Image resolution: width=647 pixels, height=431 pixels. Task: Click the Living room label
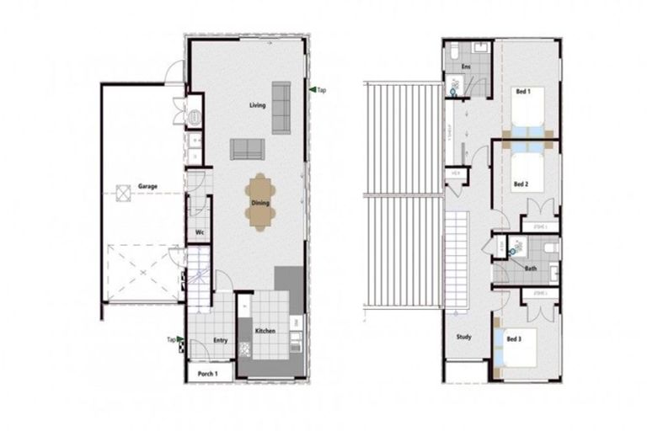(x=257, y=105)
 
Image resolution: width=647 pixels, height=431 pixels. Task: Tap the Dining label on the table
(x=259, y=202)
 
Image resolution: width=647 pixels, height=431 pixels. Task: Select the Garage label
(x=147, y=186)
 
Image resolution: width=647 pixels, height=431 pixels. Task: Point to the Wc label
(x=200, y=232)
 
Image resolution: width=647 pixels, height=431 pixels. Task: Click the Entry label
(x=221, y=340)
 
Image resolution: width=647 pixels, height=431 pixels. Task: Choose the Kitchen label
(x=265, y=331)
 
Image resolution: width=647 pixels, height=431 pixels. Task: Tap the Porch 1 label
(x=208, y=373)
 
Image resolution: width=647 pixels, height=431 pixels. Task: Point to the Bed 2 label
(x=521, y=184)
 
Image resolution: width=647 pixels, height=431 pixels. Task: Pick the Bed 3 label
(x=513, y=338)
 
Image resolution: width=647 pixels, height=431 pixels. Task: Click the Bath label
(x=531, y=269)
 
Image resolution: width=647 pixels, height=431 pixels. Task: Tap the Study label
(x=464, y=337)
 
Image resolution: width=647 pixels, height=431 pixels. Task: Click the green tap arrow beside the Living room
(x=313, y=89)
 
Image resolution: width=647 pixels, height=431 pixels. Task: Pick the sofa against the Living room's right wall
(x=281, y=108)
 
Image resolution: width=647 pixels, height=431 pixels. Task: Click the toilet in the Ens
(x=455, y=52)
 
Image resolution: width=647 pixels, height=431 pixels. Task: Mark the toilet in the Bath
(x=548, y=248)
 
